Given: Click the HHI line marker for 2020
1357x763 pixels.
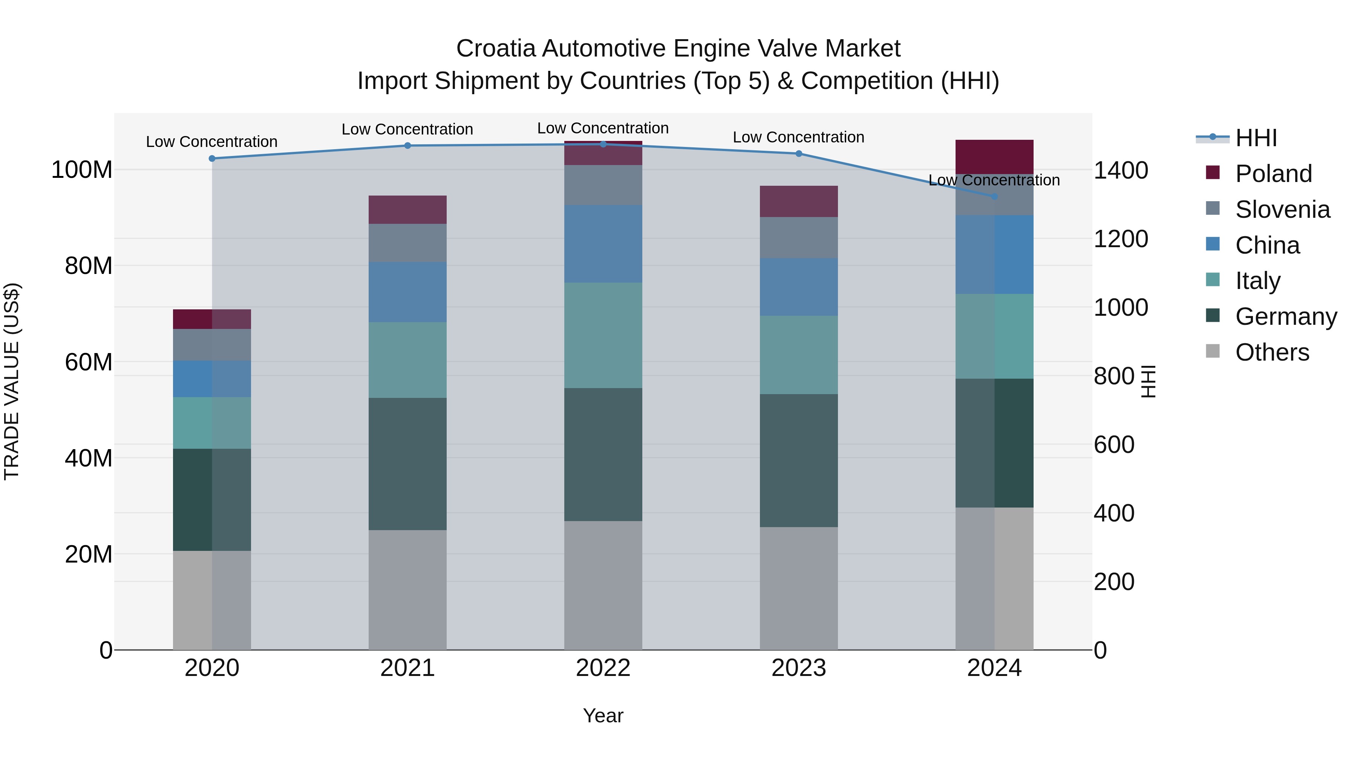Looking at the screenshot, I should [212, 159].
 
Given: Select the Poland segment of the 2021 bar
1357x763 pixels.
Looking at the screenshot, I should [407, 209].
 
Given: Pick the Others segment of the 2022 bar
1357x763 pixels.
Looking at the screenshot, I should [603, 585].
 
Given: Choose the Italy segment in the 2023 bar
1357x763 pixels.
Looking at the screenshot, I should [799, 355].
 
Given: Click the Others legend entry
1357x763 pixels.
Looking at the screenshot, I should [1272, 352].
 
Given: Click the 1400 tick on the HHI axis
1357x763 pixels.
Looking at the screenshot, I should [1121, 171].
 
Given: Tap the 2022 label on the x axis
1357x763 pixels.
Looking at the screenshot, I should [603, 668].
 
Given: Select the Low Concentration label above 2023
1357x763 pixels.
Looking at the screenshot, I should [799, 138].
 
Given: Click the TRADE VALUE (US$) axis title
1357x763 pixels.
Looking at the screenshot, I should [12, 381].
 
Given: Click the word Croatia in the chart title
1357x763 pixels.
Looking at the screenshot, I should [496, 49].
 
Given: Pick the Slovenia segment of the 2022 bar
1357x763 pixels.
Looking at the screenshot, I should [603, 185].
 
